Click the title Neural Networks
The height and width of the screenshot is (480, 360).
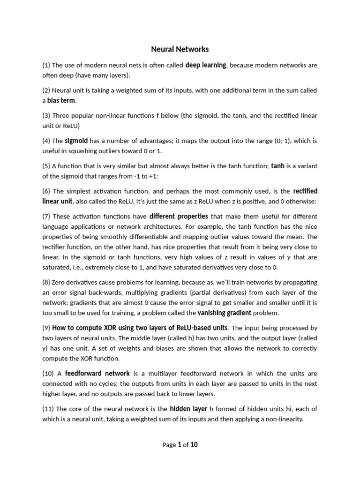coord(180,49)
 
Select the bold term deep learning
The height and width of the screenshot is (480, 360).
coord(206,65)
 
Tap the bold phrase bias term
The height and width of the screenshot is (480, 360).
coord(61,101)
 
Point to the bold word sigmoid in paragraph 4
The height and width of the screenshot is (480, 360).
coord(76,141)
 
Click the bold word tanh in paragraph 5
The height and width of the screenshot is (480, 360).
coord(278,166)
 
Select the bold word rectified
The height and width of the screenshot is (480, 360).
coord(305,191)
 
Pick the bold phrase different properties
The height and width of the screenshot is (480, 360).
coord(179,217)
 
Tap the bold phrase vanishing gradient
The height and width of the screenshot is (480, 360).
coord(225,313)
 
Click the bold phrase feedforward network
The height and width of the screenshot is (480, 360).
coord(97,374)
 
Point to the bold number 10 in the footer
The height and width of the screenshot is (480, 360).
coord(194,445)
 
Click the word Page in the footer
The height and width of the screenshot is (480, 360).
coord(169,445)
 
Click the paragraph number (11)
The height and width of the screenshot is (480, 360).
coord(48,409)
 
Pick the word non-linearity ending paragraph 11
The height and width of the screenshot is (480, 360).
coord(283,420)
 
